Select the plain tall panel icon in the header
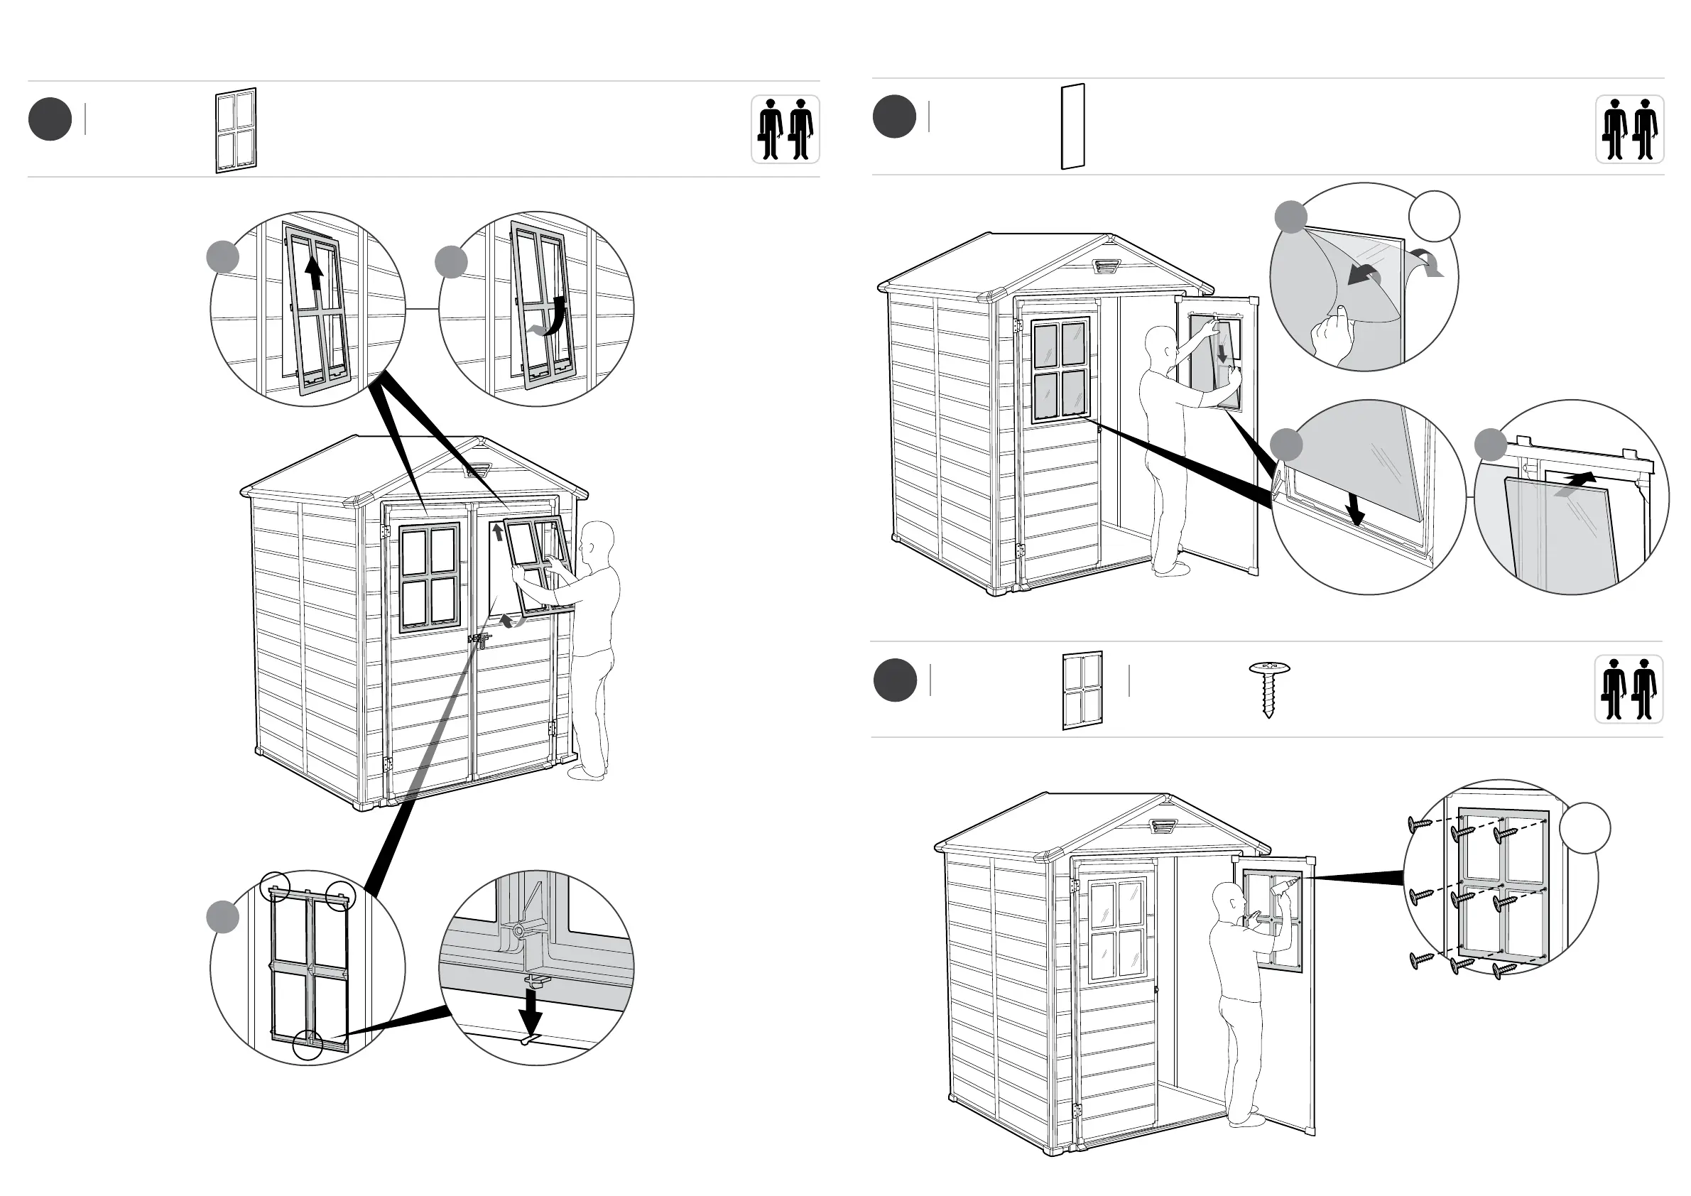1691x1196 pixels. (1072, 126)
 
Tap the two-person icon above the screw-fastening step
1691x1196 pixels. (1629, 690)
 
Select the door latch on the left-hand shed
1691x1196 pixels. (479, 639)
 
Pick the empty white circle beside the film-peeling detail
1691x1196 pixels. (1433, 217)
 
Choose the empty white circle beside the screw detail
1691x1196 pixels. (1584, 829)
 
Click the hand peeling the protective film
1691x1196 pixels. (1333, 332)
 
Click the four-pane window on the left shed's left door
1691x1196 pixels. (430, 578)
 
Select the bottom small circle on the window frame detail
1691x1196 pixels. (308, 1045)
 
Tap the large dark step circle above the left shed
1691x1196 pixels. (50, 119)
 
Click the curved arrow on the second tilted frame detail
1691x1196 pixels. (551, 318)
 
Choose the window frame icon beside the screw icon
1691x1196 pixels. (1082, 690)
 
